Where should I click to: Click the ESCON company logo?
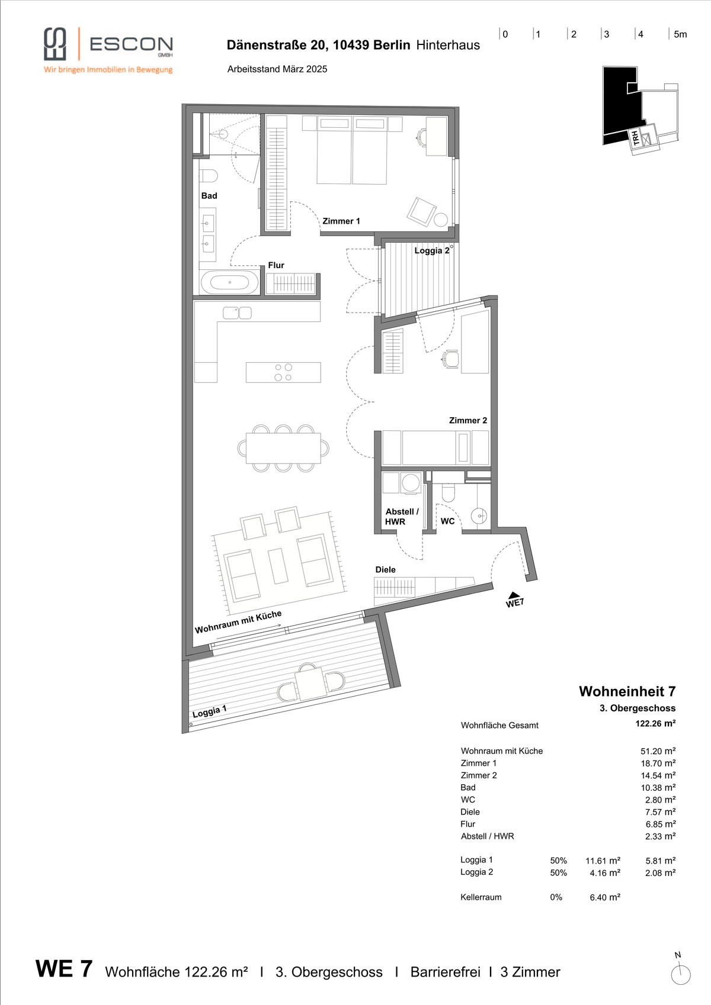coord(108,50)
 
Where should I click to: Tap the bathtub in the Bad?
coord(230,282)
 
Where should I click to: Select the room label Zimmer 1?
coord(341,221)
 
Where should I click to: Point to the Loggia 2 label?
coord(431,250)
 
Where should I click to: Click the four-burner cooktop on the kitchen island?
coord(283,372)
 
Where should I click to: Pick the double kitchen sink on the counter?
coord(238,313)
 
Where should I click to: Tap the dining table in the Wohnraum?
coord(283,448)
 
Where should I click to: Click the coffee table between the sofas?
coord(278,566)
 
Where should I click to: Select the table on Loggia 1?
coord(310,684)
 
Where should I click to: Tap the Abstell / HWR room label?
coord(402,516)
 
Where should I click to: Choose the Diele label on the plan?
coord(385,569)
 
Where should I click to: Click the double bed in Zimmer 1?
coord(352,150)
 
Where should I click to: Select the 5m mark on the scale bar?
coord(680,34)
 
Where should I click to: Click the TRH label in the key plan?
coord(636,138)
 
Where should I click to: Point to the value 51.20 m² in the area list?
coord(658,750)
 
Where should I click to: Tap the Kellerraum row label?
coord(481,897)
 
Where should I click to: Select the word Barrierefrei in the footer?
coord(445,972)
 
